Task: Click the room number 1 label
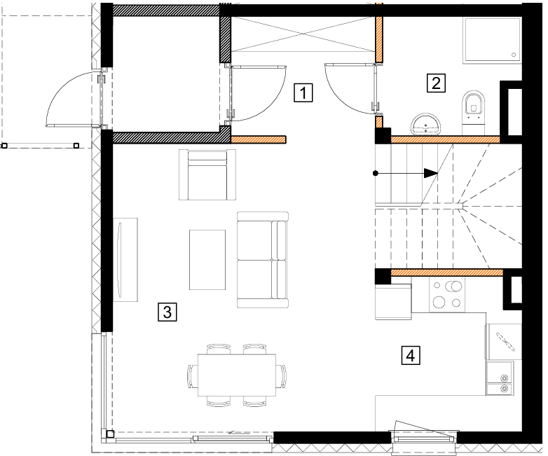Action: (303, 93)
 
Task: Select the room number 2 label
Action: (436, 83)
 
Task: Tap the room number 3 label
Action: (167, 312)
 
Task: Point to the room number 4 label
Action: (411, 355)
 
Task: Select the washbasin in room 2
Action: (425, 124)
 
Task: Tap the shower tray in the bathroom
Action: (492, 39)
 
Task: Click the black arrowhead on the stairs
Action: (431, 173)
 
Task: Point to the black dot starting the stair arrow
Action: (376, 173)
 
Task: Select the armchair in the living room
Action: (207, 174)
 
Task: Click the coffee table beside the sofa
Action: (207, 260)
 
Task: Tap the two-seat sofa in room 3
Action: (263, 260)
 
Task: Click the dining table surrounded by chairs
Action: (237, 375)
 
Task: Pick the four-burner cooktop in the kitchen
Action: (447, 295)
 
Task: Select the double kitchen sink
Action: (500, 378)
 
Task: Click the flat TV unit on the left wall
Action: (125, 260)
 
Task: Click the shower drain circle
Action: (514, 55)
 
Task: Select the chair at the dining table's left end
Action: (192, 375)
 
